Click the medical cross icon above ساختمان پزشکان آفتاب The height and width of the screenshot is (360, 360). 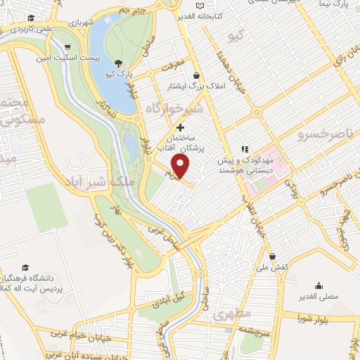coord(181,128)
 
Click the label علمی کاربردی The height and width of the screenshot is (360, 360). coord(25,29)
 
